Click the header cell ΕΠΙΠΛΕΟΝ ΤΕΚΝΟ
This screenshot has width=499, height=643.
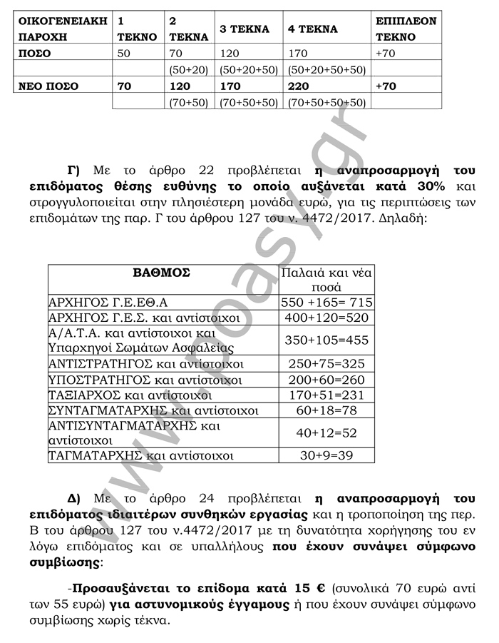406,29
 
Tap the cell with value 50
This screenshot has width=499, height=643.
124,54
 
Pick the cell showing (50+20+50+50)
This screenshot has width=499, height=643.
326,70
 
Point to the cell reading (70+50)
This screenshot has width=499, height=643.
188,102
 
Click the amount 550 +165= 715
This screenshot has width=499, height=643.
326,302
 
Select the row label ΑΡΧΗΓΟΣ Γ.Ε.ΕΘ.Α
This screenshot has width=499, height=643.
113,302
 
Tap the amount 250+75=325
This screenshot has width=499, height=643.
326,363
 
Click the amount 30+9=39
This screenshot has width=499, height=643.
326,455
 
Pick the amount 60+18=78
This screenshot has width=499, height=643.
326,410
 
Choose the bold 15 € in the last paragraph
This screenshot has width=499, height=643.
309,589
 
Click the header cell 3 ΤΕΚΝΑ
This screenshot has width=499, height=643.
245,29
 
